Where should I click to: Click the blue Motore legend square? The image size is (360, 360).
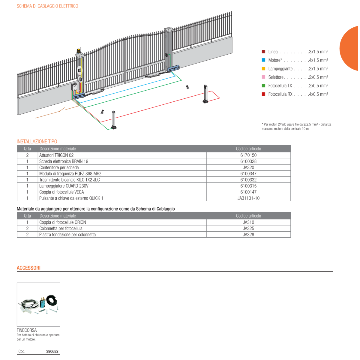[263, 60]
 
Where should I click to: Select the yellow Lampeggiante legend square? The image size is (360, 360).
[263, 69]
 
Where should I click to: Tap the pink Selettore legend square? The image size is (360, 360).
[263, 77]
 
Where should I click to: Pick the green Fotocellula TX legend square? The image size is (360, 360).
[263, 85]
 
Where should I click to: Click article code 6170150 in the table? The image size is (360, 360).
[248, 155]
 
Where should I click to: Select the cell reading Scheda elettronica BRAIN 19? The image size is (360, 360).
[64, 161]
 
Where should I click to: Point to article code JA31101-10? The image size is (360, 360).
[248, 198]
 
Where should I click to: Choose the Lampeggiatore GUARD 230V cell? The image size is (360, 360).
[64, 186]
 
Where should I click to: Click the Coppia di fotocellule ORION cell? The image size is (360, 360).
[63, 222]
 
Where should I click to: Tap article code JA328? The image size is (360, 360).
[248, 235]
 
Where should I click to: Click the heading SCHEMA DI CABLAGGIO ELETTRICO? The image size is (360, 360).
[47, 6]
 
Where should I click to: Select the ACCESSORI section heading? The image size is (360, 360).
[28, 268]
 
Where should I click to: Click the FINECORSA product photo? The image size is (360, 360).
[38, 304]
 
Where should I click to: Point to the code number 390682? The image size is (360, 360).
[52, 351]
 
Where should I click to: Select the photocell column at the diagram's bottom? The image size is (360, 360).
[114, 120]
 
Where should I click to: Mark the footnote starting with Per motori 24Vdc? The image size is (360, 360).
[296, 126]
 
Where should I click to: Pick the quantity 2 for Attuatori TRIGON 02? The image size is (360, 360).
[27, 155]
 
